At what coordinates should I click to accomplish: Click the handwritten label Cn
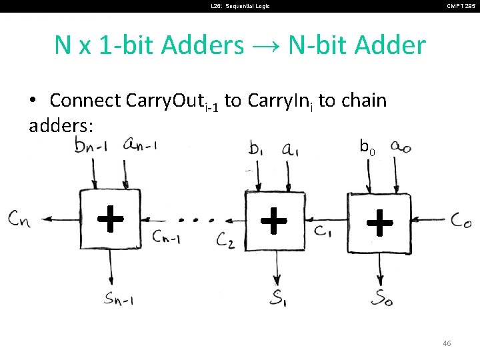(19, 218)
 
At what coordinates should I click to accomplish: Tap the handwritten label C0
(461, 221)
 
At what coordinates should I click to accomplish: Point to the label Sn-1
(118, 299)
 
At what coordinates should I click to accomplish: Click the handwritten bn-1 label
(93, 147)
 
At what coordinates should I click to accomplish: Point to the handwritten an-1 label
(140, 145)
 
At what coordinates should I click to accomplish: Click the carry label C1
(323, 231)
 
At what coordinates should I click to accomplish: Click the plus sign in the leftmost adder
(111, 218)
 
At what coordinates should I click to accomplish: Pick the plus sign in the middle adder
(274, 220)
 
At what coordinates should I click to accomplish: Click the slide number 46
(447, 343)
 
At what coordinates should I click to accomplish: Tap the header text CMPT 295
(461, 6)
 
